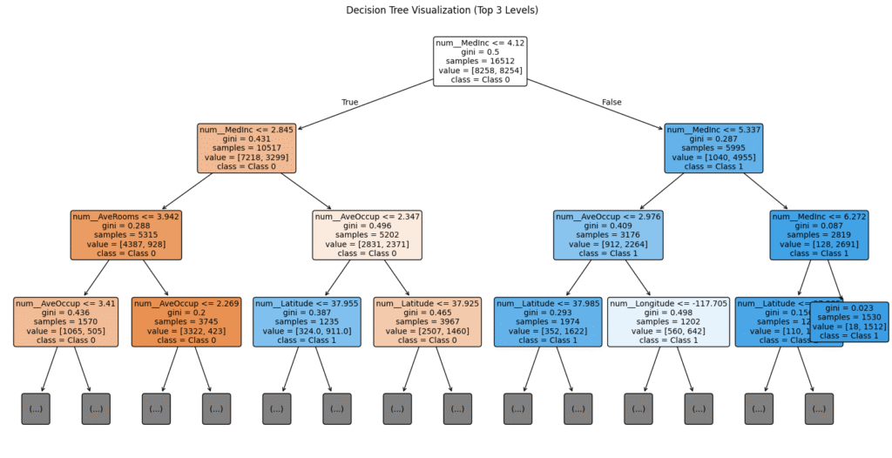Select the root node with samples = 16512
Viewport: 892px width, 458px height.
(480, 61)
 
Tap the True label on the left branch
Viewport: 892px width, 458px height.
(349, 102)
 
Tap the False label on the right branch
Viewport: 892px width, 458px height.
(612, 102)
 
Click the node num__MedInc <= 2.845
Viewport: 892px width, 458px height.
(247, 148)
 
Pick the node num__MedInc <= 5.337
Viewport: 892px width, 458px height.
(713, 148)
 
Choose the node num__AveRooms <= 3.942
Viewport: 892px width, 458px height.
(125, 235)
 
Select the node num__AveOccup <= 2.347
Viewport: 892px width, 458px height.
(367, 235)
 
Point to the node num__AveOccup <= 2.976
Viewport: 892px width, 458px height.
(607, 235)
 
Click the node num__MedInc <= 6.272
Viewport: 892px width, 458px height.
(819, 235)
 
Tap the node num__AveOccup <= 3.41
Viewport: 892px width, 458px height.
(65, 321)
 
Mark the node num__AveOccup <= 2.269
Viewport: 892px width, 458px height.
(186, 321)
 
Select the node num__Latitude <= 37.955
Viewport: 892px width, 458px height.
(307, 321)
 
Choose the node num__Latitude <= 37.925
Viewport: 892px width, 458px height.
(427, 321)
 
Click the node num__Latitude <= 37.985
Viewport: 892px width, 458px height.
(547, 321)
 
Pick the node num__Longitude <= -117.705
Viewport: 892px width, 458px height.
(667, 321)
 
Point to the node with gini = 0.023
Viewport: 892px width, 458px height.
(850, 321)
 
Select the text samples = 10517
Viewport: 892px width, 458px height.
(247, 147)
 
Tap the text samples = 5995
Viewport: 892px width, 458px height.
(713, 147)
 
